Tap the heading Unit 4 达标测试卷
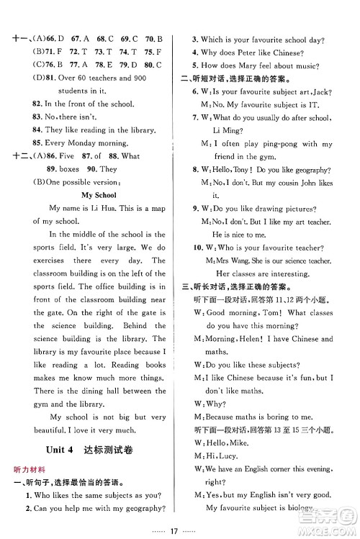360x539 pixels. pyautogui.click(x=89, y=450)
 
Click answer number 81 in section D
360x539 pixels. pyautogui.click(x=54, y=78)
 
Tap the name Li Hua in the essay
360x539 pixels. pyautogui.click(x=97, y=209)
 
